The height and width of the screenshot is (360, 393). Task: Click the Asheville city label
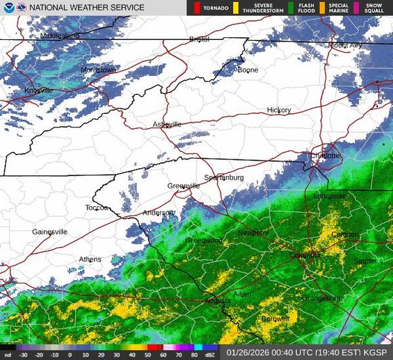pos(167,124)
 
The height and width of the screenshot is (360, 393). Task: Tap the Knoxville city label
pos(39,90)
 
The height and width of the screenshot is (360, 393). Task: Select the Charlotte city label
pos(326,155)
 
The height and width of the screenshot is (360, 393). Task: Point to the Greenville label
pos(184,186)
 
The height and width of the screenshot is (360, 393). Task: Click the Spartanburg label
pos(223,178)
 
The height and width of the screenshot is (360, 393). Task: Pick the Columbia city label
pos(305,255)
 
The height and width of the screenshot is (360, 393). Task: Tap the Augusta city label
pos(218,300)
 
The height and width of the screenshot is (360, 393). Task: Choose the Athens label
pos(90,259)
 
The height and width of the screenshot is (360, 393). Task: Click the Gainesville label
pos(49,232)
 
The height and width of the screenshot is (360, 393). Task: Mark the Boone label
pos(247,70)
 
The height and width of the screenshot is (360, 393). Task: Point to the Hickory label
pos(278,110)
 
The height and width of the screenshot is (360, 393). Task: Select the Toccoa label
pos(97,207)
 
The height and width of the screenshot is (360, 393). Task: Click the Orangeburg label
pos(320,298)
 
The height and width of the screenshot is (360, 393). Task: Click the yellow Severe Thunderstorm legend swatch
pos(236,7)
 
